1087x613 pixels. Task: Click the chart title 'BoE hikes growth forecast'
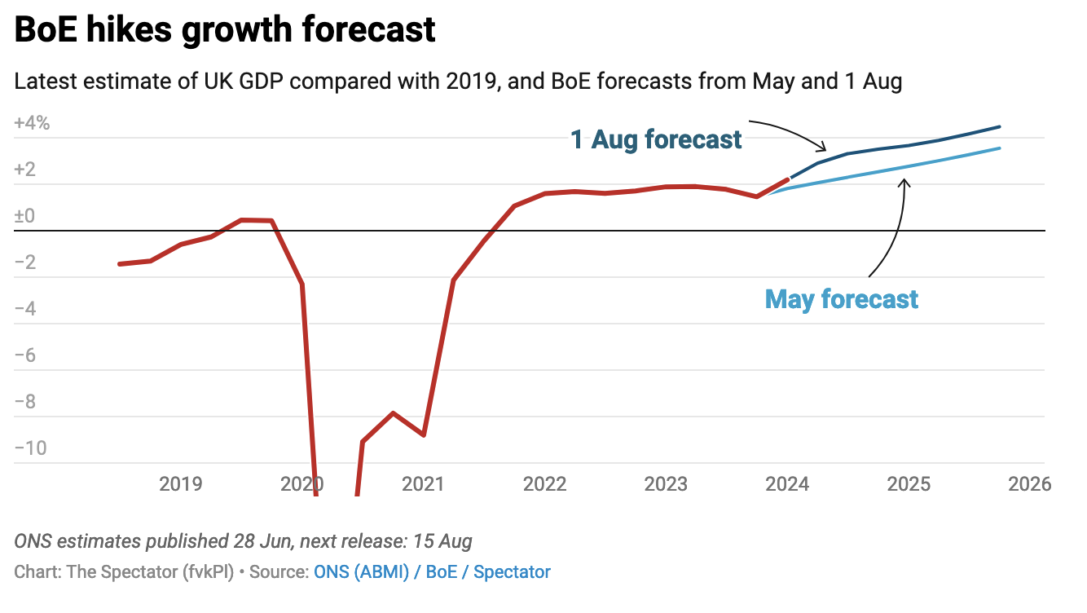(225, 30)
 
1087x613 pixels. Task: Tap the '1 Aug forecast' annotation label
(656, 139)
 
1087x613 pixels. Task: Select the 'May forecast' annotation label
(841, 299)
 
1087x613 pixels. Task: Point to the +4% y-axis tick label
(32, 124)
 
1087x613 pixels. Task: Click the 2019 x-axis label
(181, 484)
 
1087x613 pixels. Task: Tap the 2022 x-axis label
(545, 484)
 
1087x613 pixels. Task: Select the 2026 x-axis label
(1030, 484)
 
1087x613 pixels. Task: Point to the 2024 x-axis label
(787, 484)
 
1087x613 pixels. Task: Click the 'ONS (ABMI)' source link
(361, 572)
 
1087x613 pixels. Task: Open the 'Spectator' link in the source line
(512, 572)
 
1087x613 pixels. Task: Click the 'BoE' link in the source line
(442, 572)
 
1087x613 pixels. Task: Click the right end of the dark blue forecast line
(999, 127)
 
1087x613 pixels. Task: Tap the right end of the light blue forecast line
(999, 148)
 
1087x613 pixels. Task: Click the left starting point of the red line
(120, 264)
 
